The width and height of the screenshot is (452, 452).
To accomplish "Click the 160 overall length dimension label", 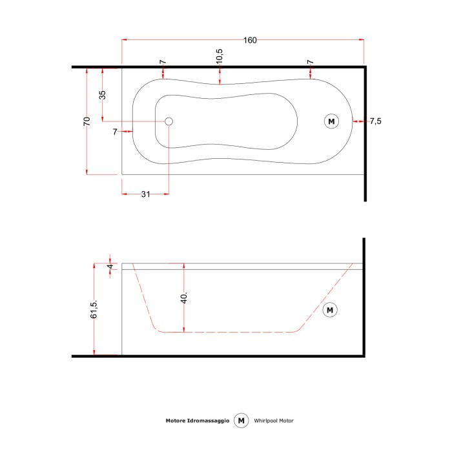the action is pyautogui.click(x=250, y=40).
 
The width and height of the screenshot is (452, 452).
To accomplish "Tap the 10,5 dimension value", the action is pyautogui.click(x=219, y=56).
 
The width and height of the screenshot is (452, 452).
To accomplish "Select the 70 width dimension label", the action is pyautogui.click(x=87, y=121).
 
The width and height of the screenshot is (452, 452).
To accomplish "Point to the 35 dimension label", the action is pyautogui.click(x=102, y=95).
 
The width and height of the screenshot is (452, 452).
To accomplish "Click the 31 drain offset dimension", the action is pyautogui.click(x=145, y=194).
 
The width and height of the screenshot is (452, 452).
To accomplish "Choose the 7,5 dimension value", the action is pyautogui.click(x=376, y=121).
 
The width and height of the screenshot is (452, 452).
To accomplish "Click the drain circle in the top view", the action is pyautogui.click(x=169, y=121).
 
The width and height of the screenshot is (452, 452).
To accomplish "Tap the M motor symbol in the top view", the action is pyautogui.click(x=331, y=121).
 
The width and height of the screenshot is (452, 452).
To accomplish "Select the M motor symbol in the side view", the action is pyautogui.click(x=330, y=310).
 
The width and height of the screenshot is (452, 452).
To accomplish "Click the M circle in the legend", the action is pyautogui.click(x=241, y=420).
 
